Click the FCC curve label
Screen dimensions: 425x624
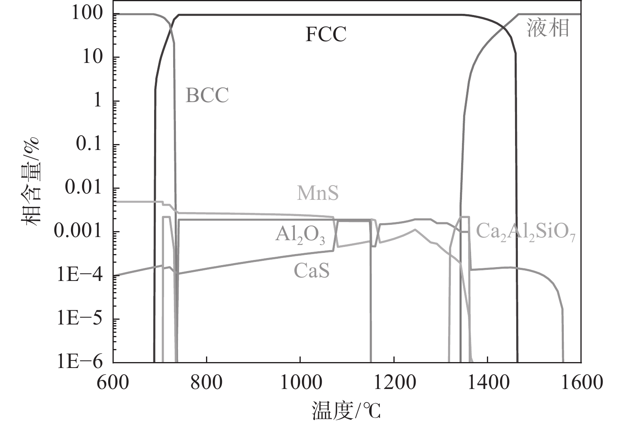(326, 34)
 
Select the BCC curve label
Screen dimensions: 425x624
(207, 95)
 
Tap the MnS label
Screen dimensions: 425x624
(318, 194)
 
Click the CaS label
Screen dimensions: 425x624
(311, 271)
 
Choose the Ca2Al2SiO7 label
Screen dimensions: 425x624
(525, 231)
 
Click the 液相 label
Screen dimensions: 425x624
(548, 28)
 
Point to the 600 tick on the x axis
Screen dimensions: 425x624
(113, 383)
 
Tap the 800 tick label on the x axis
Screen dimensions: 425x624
(206, 383)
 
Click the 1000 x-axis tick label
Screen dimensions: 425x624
(300, 383)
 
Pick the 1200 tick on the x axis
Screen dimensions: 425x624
(394, 383)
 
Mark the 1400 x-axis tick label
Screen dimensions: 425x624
(487, 383)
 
